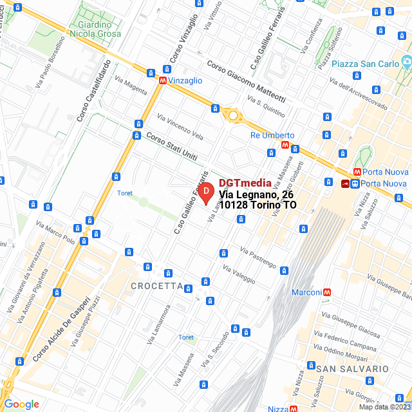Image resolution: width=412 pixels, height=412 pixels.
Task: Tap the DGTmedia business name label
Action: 245,183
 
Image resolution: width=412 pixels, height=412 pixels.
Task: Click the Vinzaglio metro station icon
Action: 163,80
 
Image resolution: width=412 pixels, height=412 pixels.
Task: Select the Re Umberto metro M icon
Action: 285,145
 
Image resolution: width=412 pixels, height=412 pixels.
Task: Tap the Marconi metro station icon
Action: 328,292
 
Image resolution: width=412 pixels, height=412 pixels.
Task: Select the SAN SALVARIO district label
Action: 352,369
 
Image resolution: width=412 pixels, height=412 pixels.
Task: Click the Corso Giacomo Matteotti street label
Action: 246,82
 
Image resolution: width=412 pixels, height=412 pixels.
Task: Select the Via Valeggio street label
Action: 239,275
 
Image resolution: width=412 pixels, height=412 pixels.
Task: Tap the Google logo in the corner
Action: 21,404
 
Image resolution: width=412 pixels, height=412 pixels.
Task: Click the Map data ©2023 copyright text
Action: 384,407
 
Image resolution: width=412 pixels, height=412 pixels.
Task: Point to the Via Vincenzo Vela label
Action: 180,127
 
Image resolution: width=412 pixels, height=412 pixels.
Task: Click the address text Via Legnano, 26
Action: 256,194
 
